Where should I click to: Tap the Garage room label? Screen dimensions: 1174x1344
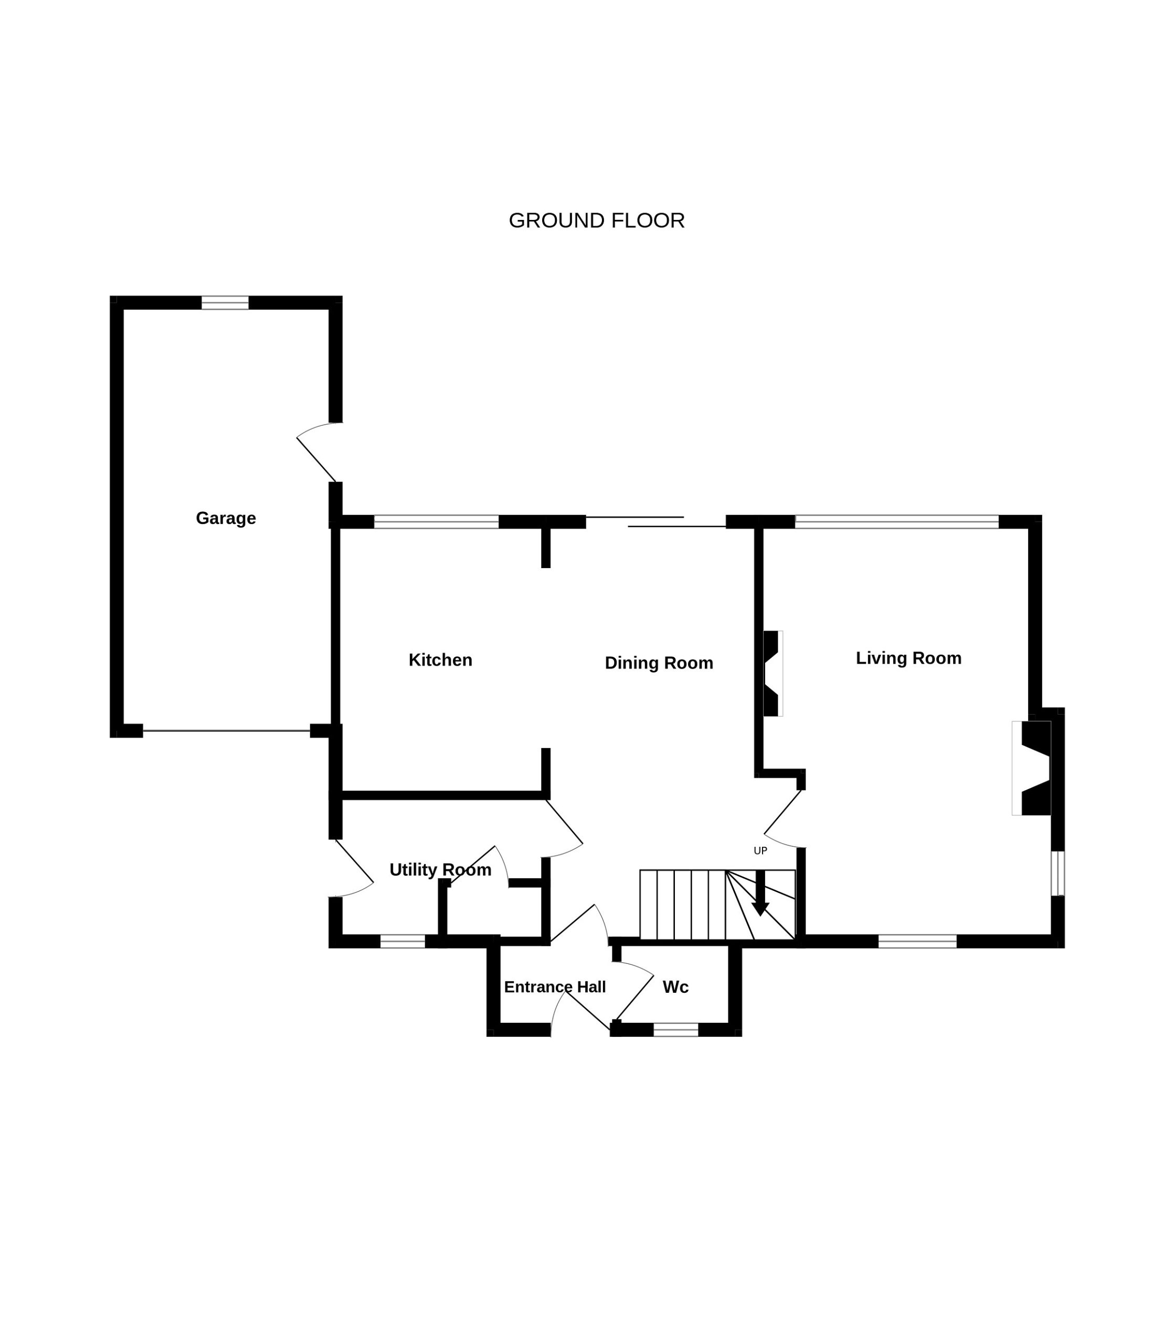pyautogui.click(x=226, y=518)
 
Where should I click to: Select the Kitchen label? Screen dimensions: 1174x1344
pyautogui.click(x=440, y=660)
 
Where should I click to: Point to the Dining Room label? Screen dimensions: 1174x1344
pyautogui.click(x=659, y=663)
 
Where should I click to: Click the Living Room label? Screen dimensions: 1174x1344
pyautogui.click(x=908, y=658)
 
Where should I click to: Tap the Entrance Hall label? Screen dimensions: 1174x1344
pyautogui.click(x=554, y=987)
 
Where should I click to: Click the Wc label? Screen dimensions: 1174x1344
pyautogui.click(x=675, y=987)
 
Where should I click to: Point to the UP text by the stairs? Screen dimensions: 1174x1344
pyautogui.click(x=760, y=851)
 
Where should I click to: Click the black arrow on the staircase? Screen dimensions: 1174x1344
pyautogui.click(x=760, y=892)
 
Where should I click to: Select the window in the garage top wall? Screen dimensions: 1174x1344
pyautogui.click(x=225, y=303)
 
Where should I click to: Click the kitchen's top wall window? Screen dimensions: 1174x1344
pyautogui.click(x=436, y=522)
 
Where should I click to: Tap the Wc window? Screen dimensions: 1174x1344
pyautogui.click(x=676, y=1030)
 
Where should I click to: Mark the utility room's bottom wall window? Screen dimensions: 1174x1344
pyautogui.click(x=403, y=942)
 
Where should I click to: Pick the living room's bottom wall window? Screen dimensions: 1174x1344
pyautogui.click(x=917, y=942)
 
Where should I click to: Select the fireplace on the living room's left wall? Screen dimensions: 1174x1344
pyautogui.click(x=773, y=674)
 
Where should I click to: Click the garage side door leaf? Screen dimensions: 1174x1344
pyautogui.click(x=316, y=460)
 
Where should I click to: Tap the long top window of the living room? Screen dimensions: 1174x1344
pyautogui.click(x=897, y=522)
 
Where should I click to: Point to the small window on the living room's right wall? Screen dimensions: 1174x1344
pyautogui.click(x=1058, y=874)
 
